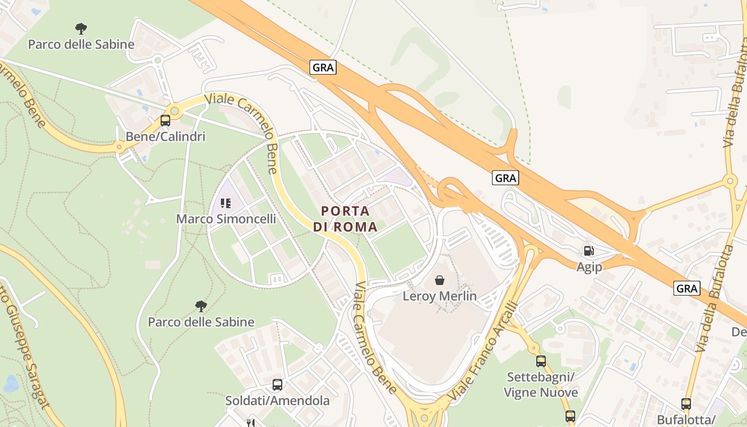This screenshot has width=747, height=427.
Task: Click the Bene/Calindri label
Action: point(165,137)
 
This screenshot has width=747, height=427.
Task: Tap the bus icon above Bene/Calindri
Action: point(165,121)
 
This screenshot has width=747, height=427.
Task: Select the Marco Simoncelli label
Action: point(226,219)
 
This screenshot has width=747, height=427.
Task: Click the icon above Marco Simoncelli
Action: point(226,203)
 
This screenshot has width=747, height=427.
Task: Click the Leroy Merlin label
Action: point(440,296)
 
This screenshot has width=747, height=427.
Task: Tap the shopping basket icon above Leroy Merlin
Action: point(440,280)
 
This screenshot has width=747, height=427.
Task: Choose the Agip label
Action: point(589,267)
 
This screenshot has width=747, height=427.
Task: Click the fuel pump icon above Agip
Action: point(589,251)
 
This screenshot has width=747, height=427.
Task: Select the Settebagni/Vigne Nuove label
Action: point(541,385)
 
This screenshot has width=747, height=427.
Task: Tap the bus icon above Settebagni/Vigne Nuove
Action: point(541,361)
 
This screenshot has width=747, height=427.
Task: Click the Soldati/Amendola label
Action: point(277,400)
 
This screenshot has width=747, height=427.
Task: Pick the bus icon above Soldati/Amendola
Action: point(277,385)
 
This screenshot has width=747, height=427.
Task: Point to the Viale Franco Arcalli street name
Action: point(484,352)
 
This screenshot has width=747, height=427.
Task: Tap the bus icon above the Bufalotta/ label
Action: point(686,404)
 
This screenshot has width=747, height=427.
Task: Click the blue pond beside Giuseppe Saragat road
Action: point(11,384)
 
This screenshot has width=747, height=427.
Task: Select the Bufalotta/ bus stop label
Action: point(686,420)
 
